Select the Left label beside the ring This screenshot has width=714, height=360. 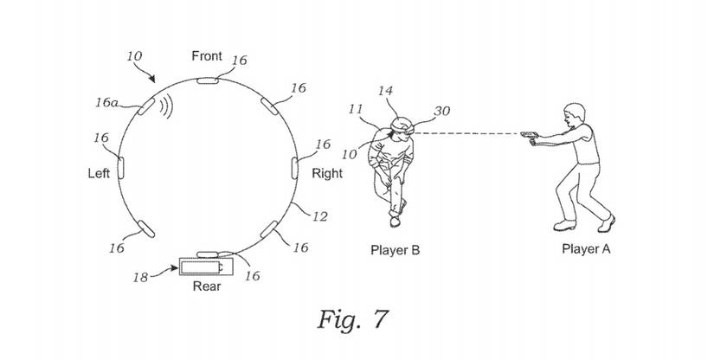(x=100, y=174)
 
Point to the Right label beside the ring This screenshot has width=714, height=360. (x=326, y=173)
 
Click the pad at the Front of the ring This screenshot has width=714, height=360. (x=208, y=81)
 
